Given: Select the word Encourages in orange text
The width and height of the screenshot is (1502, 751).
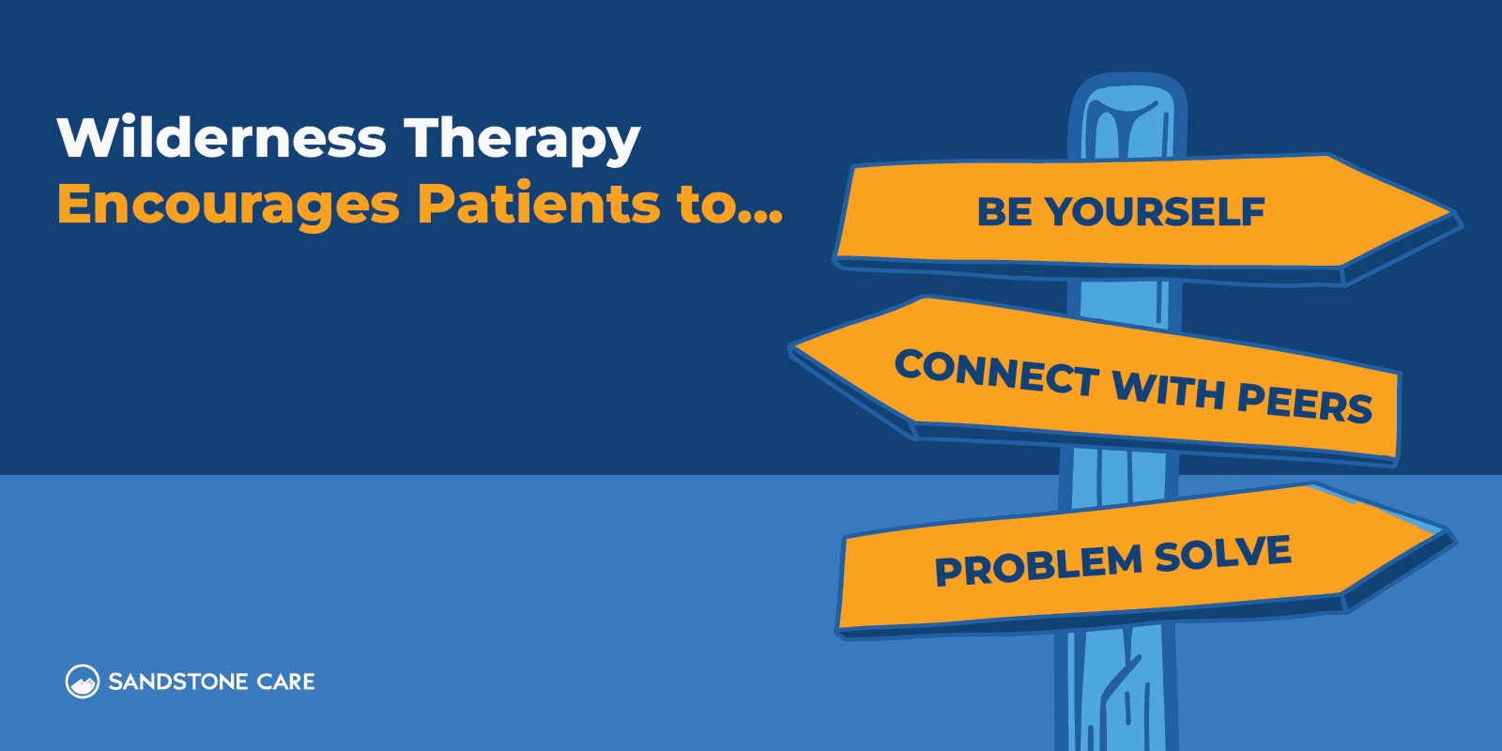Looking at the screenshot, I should [x=228, y=206].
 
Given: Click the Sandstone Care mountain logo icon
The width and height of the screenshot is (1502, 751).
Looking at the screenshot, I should [x=83, y=682].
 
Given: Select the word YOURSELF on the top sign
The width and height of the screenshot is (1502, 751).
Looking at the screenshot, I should [x=1156, y=212].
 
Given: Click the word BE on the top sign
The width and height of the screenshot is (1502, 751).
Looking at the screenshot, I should [x=1005, y=212].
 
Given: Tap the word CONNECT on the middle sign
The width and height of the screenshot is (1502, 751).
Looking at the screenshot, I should [x=996, y=373].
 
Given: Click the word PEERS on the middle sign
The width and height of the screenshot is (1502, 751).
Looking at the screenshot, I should [x=1305, y=403].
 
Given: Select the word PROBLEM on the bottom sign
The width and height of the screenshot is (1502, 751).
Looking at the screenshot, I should [x=1037, y=565].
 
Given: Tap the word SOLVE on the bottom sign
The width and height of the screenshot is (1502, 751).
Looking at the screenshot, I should [x=1223, y=554].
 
